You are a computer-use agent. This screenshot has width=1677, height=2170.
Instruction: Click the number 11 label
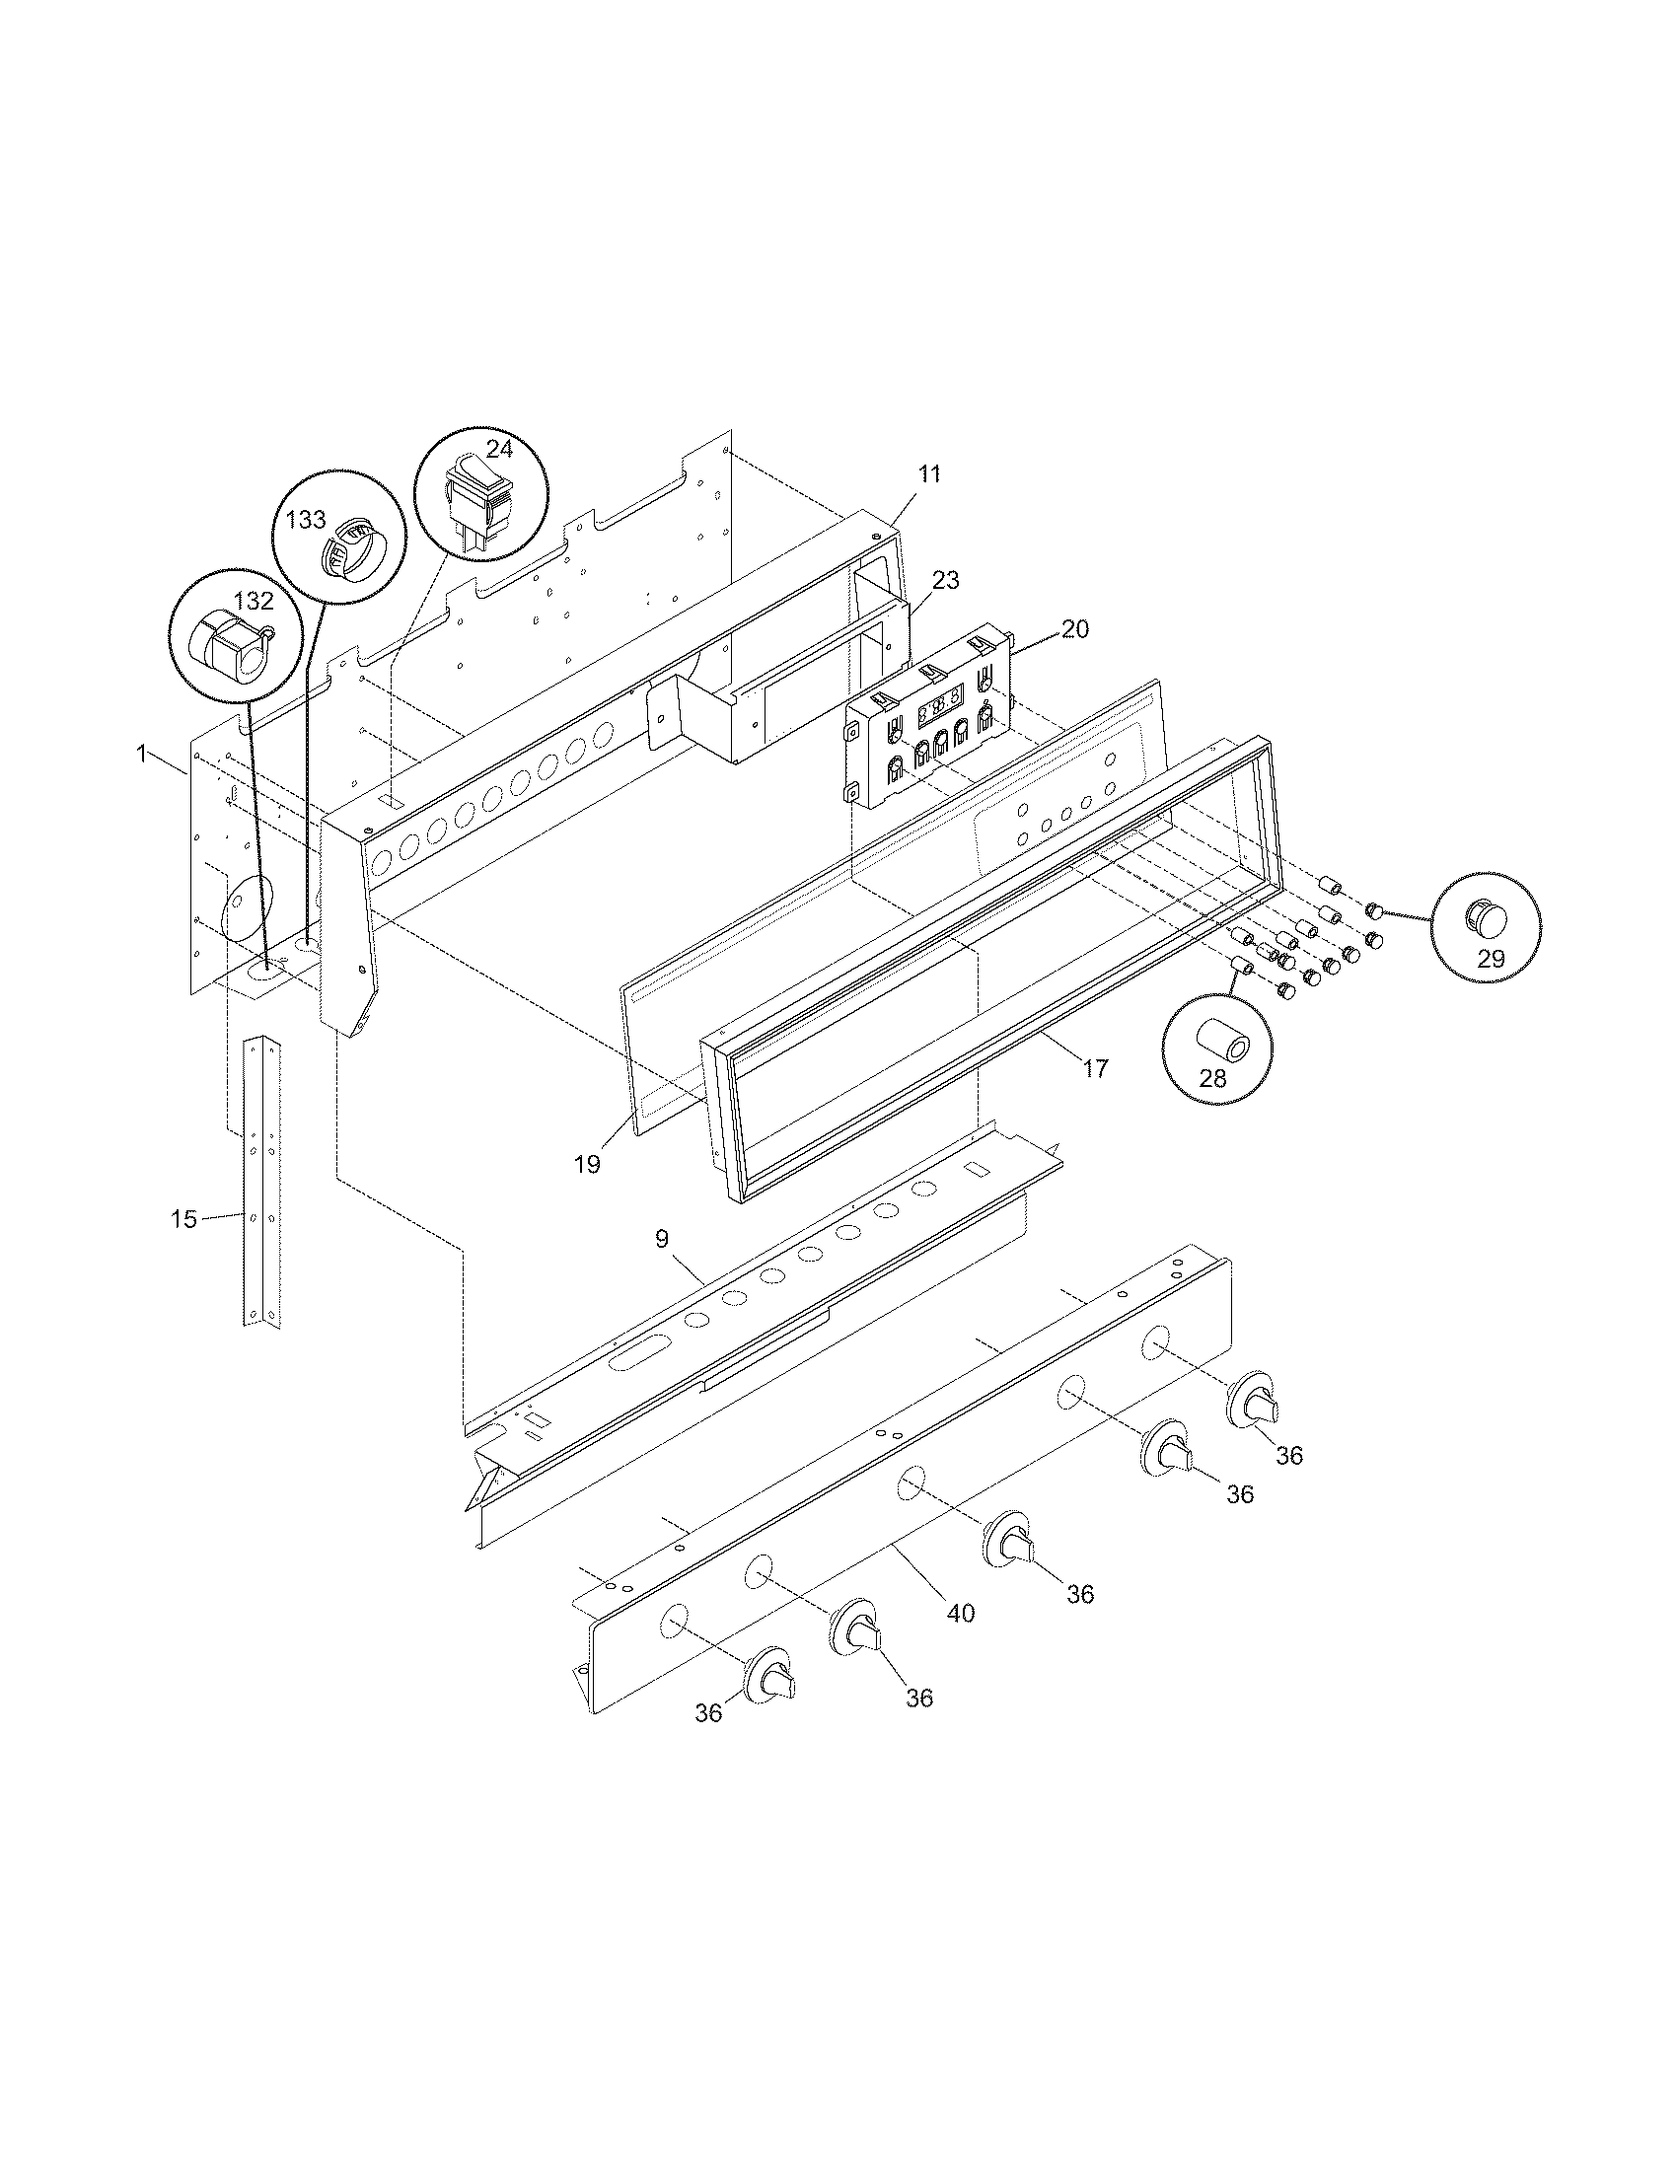coord(928,473)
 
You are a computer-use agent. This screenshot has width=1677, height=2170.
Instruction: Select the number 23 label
coord(946,580)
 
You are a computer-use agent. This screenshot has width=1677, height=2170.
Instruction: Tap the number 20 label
coord(1074,629)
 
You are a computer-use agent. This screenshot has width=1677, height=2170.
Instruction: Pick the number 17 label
coord(1095,1069)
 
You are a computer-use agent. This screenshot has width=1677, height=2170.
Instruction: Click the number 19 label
coord(587,1164)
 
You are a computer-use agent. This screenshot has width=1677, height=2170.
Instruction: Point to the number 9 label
coord(662,1238)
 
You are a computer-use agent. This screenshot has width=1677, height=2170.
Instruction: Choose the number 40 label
coord(960,1614)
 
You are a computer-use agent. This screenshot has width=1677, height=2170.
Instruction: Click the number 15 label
coord(183,1219)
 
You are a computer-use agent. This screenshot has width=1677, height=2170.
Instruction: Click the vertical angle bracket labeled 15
coord(261,1183)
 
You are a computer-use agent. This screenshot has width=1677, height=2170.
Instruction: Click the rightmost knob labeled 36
coord(1256,1403)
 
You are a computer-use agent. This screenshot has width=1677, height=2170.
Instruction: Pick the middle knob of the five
coord(1008,1543)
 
